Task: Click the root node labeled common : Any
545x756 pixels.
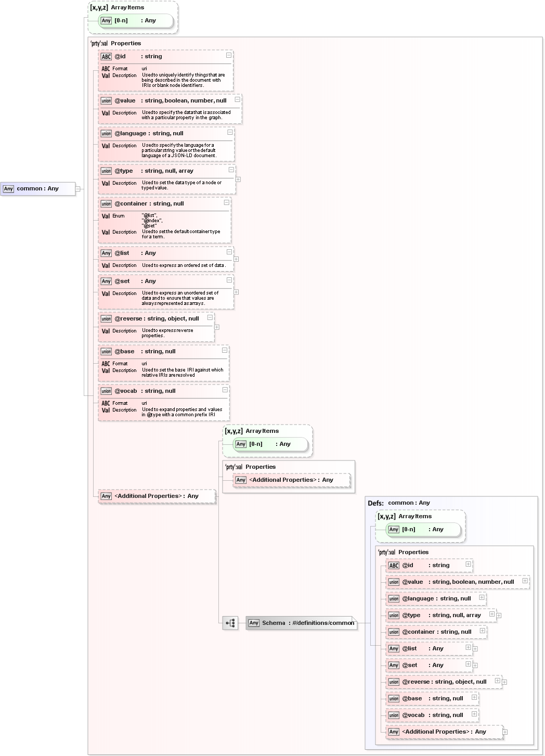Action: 37,189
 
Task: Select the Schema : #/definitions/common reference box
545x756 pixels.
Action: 302,623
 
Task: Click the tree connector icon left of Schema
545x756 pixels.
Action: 230,623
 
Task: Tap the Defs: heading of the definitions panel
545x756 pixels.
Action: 375,503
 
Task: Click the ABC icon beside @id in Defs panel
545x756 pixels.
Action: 394,566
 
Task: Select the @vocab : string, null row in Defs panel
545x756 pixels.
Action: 432,715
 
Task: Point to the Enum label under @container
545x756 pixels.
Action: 119,216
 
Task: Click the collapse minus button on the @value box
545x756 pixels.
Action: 237,99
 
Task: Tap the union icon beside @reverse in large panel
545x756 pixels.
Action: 106,319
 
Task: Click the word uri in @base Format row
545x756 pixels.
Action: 145,364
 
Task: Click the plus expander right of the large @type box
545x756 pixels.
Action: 238,180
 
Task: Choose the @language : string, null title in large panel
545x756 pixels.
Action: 149,134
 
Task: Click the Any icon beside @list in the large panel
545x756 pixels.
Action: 106,253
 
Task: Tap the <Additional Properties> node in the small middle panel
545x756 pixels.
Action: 291,480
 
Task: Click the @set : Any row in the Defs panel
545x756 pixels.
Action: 422,665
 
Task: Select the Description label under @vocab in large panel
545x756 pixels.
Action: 124,410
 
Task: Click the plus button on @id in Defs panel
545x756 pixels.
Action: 468,564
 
